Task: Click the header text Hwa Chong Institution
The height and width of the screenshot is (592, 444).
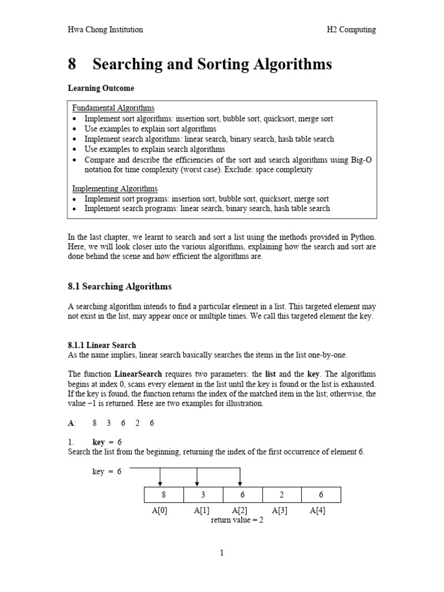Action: (x=105, y=29)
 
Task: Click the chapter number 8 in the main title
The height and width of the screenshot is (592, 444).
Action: (x=72, y=64)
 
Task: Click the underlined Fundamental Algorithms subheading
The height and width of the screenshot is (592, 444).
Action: (x=113, y=108)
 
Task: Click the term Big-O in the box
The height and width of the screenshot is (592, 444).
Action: (x=361, y=160)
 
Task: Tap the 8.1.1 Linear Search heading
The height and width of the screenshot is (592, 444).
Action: (x=102, y=345)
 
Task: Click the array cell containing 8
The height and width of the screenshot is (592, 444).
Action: (x=164, y=495)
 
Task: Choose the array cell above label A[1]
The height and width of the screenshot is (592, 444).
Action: (x=203, y=495)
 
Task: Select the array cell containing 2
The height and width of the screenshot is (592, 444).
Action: (x=282, y=495)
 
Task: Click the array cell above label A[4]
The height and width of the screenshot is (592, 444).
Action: (x=321, y=495)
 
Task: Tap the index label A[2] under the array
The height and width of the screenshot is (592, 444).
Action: (x=240, y=510)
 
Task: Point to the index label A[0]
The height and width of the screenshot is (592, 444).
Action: (x=159, y=510)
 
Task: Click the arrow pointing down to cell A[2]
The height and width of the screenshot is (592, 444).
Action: (x=240, y=478)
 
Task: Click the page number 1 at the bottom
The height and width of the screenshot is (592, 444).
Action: (x=221, y=553)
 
